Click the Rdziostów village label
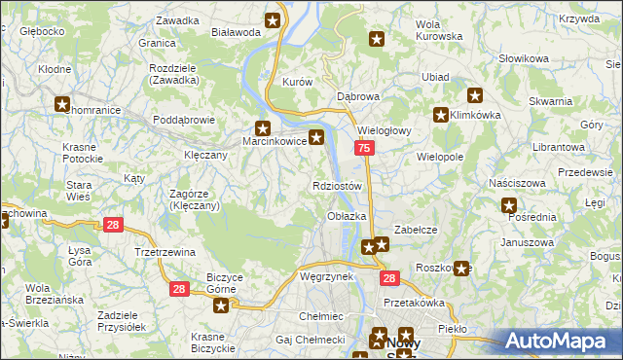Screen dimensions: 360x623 point(337,186)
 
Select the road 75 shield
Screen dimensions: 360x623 point(363,148)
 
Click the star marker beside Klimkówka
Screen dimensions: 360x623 point(441,114)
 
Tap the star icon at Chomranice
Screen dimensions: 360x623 point(62,104)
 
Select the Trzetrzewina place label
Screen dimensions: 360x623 point(165,251)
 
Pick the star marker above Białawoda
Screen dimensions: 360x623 point(274,19)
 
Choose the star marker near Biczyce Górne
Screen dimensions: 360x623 point(221,306)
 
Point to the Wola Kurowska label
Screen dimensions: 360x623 point(437,30)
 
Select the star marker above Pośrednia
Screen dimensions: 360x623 point(508,205)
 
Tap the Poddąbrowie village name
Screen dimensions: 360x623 point(184,120)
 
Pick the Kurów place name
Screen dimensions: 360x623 point(296,83)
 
